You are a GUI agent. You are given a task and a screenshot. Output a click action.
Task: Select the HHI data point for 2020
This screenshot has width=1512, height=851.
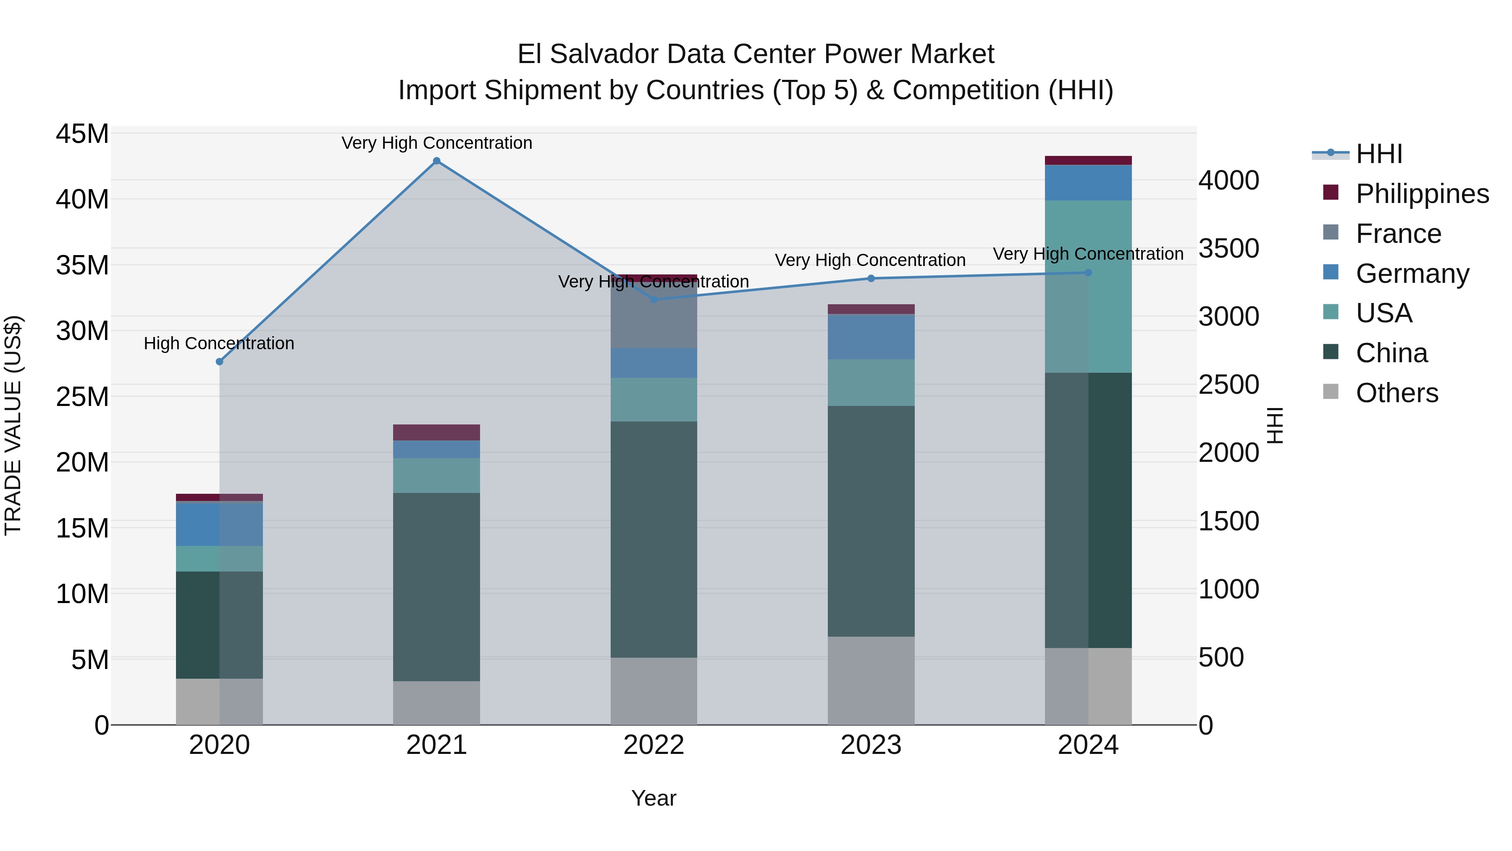(220, 362)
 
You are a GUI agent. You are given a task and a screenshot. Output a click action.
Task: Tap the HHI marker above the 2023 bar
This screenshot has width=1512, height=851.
(871, 278)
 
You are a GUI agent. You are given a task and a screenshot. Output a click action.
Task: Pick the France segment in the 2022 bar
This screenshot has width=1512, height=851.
(654, 315)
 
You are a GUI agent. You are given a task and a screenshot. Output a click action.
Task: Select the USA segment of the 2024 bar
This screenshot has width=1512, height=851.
(1088, 287)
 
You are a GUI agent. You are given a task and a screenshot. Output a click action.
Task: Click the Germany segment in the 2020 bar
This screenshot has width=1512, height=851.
(220, 524)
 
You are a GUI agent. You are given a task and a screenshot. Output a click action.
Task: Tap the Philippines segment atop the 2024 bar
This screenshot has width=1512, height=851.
(1088, 161)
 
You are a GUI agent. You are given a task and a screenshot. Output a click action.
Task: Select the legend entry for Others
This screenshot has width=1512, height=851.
(1396, 393)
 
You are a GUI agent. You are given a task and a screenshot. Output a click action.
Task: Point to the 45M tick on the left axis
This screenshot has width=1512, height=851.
(82, 134)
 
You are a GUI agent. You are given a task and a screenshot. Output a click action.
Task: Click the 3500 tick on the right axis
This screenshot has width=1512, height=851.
(1228, 248)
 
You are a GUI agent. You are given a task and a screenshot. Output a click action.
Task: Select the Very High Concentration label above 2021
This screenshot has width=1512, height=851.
(437, 143)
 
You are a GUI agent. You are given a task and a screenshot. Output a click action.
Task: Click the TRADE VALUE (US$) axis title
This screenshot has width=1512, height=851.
(13, 425)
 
